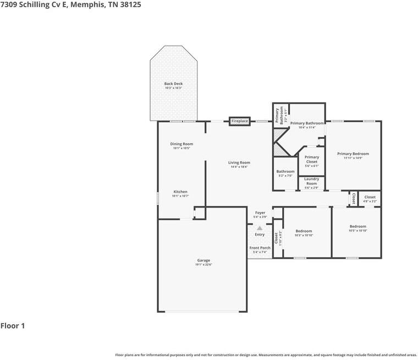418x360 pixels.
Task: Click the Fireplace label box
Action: tap(240, 121)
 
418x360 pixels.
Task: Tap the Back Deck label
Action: tap(173, 84)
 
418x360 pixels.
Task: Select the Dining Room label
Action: tap(182, 144)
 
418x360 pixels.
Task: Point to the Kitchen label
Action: tap(180, 192)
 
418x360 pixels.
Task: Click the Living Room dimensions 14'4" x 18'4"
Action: tap(239, 167)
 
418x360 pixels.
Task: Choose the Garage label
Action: tap(204, 260)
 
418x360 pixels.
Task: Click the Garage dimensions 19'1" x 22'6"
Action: tap(204, 265)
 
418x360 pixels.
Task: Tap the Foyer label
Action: tap(260, 212)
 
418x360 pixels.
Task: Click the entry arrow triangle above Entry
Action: tap(260, 227)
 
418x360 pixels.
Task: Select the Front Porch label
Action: tap(260, 248)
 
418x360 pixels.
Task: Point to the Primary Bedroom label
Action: tap(353, 154)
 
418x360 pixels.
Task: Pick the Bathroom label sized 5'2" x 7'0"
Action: tap(285, 171)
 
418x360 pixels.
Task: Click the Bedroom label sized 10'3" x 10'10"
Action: tap(304, 231)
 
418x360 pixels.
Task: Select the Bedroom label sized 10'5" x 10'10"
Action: tap(358, 226)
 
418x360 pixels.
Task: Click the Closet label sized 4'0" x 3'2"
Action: tap(370, 197)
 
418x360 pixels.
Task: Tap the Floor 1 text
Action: tap(13, 326)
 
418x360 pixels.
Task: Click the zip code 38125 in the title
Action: tap(136, 5)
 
